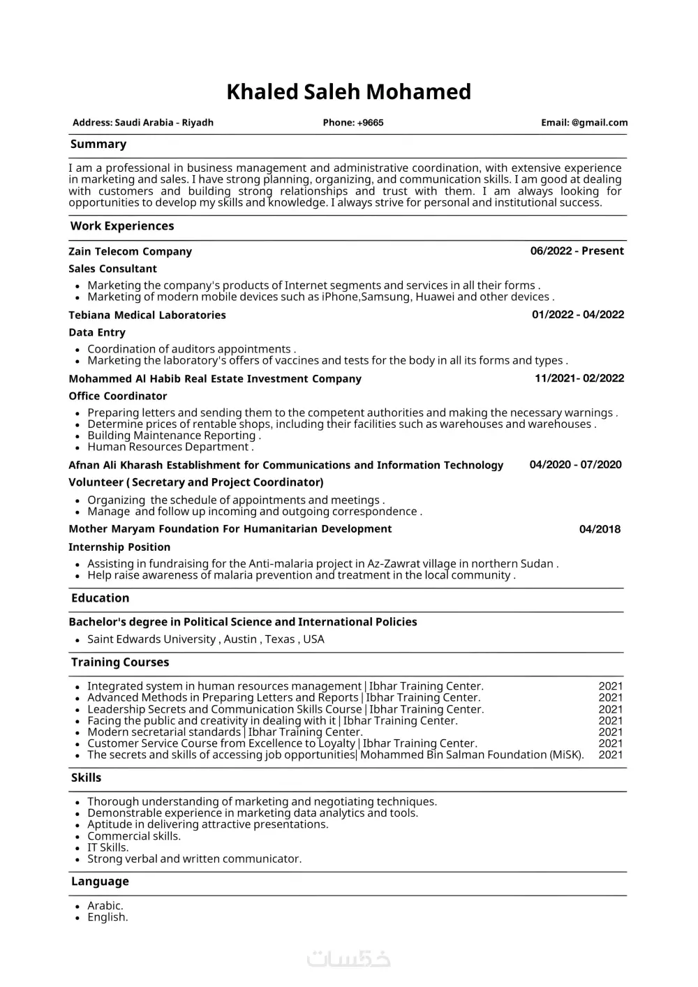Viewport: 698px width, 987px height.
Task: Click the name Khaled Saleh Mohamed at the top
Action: coord(348,91)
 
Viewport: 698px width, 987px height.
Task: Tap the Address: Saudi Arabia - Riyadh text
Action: coord(143,123)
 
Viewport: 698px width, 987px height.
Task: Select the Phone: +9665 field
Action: coord(352,123)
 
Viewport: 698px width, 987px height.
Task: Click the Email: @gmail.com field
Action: coord(584,123)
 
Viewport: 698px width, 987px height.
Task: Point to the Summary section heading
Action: coord(98,144)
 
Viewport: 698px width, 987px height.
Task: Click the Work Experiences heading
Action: coord(122,226)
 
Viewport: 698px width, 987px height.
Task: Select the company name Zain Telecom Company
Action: coord(130,251)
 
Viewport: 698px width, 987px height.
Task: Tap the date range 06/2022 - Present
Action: coord(577,251)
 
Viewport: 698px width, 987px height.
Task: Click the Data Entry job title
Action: coord(97,332)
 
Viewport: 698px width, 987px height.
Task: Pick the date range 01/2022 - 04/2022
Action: coord(578,315)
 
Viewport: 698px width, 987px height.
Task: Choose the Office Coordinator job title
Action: coord(118,396)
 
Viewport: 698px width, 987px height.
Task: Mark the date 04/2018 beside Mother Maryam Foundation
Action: coord(600,529)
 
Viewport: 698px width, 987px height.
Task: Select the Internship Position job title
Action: coord(119,547)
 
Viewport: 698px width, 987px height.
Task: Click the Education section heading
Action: coord(100,598)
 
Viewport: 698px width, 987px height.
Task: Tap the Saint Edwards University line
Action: coord(205,639)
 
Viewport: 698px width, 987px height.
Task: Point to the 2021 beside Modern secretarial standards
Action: coord(610,732)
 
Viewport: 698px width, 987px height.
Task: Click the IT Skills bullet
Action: coord(107,847)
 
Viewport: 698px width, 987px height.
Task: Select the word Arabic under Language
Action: coord(105,906)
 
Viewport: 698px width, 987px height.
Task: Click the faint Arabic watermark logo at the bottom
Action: coord(349,959)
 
